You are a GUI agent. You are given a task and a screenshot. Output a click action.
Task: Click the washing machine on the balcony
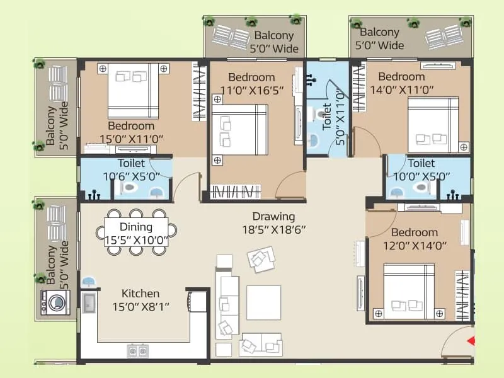(x=52, y=302)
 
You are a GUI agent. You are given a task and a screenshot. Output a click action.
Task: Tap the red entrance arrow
(x=469, y=341)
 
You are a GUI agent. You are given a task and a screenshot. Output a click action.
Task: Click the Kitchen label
(x=140, y=294)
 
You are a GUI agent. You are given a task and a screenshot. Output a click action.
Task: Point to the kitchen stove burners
(x=137, y=350)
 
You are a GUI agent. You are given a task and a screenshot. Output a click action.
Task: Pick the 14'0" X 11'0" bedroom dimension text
(x=406, y=89)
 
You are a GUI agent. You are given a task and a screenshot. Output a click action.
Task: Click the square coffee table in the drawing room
(x=263, y=302)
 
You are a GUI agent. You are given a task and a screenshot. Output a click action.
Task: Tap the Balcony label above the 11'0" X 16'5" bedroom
(x=273, y=35)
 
